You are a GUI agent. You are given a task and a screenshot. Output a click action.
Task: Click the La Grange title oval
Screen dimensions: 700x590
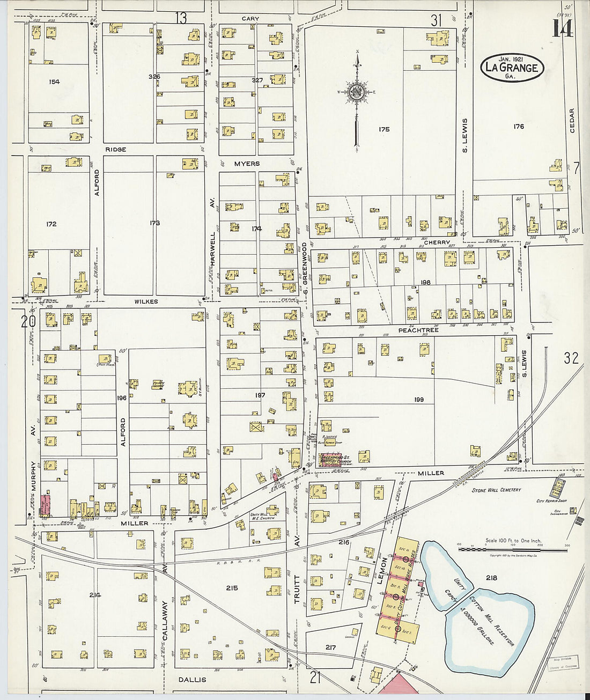click(512, 68)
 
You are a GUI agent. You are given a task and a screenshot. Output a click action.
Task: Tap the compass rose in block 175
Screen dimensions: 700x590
click(356, 92)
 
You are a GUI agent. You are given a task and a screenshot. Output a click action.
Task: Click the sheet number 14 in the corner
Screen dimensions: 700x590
click(563, 28)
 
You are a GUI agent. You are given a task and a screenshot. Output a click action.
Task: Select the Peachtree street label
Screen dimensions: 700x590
click(418, 330)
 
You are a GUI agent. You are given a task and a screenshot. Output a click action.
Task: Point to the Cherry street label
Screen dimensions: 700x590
click(437, 242)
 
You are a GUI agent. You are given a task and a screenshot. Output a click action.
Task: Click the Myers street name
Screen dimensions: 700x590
click(247, 164)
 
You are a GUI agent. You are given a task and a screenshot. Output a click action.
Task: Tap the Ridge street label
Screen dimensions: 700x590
click(116, 149)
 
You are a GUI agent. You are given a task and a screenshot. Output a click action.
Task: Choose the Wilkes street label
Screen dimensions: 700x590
click(146, 301)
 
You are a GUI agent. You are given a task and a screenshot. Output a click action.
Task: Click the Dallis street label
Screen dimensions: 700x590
click(192, 680)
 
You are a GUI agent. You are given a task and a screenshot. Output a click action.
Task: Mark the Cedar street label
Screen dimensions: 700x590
click(572, 121)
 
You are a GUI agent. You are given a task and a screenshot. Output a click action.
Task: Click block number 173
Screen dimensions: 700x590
click(154, 223)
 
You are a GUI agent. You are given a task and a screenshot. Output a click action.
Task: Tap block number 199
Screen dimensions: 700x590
click(419, 399)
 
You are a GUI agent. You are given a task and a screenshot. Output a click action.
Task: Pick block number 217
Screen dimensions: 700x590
click(330, 647)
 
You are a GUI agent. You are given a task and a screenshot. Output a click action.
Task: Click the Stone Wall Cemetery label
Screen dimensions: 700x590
click(496, 490)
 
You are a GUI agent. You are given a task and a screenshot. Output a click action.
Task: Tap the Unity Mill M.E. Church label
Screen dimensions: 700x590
click(262, 515)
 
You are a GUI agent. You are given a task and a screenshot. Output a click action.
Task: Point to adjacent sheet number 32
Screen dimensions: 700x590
click(571, 358)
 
